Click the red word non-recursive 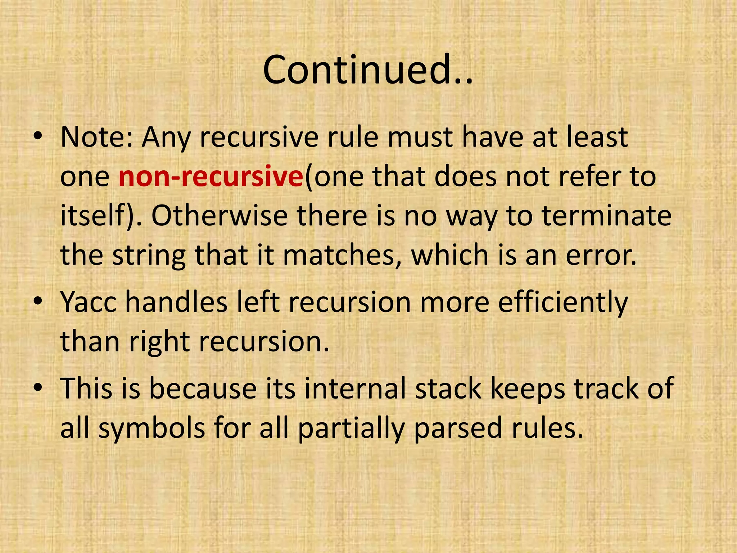211,177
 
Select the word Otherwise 219,216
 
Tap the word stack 448,388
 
